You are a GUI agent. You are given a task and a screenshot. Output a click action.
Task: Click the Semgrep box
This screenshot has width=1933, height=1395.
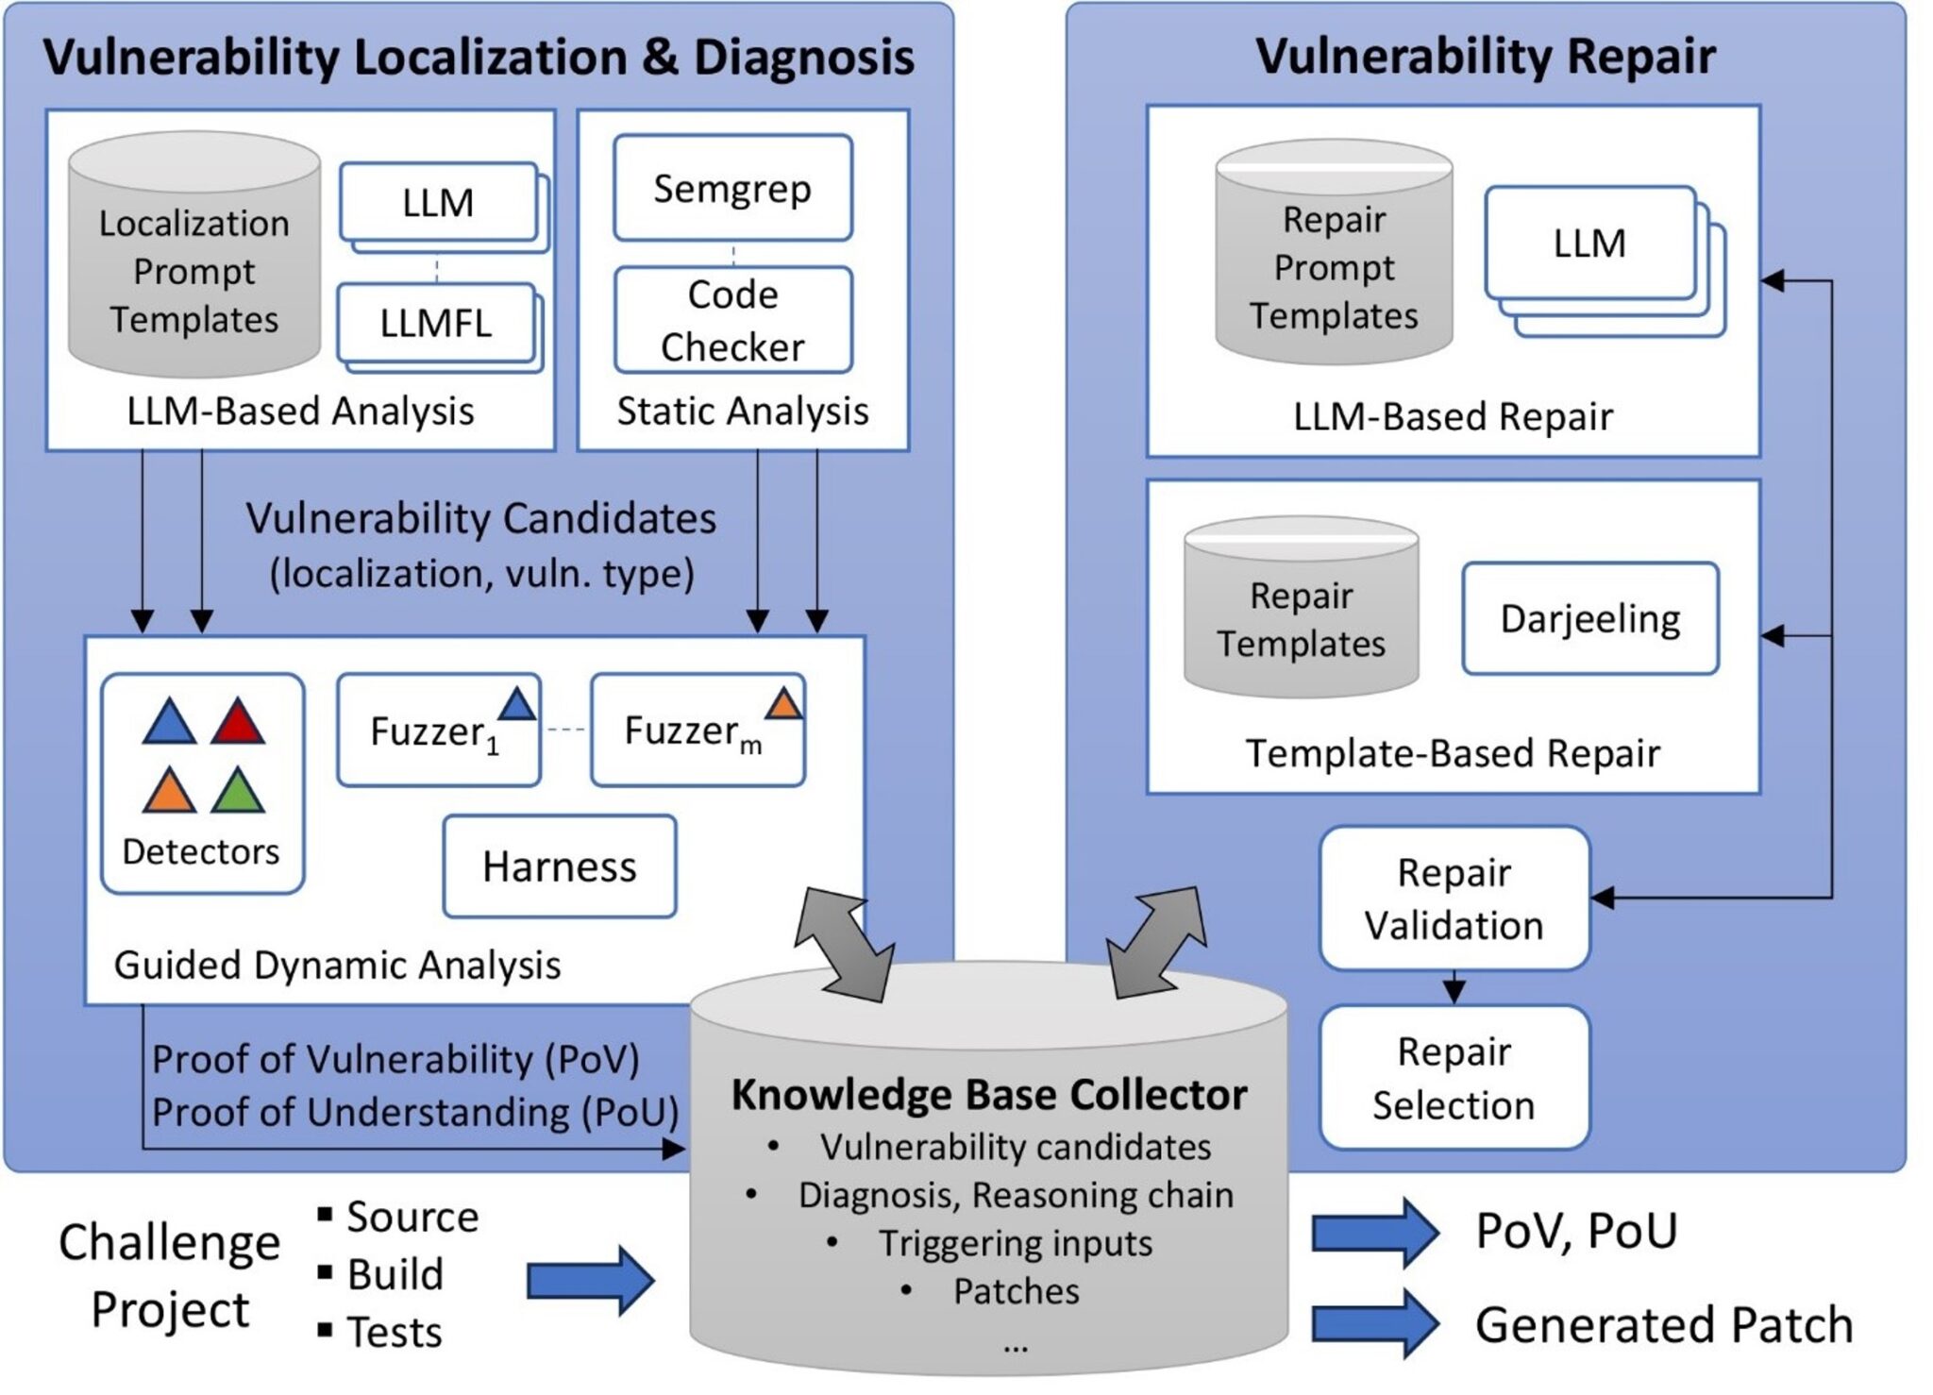(732, 189)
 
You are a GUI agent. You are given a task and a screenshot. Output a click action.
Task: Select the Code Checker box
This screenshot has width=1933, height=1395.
(732, 321)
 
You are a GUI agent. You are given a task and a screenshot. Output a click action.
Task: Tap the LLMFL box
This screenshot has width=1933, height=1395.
(436, 324)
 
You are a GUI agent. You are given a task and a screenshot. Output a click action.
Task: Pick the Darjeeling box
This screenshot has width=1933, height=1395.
(1589, 619)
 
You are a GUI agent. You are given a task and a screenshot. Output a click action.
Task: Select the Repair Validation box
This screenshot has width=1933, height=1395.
(1454, 899)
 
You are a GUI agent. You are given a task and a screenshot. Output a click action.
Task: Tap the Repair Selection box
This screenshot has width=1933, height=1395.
(1454, 1078)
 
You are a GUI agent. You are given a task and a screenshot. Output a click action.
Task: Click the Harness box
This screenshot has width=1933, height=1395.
(560, 866)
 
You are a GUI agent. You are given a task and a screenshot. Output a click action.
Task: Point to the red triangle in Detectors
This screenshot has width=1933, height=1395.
(238, 725)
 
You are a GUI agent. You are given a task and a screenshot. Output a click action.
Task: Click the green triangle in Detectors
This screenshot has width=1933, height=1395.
(238, 793)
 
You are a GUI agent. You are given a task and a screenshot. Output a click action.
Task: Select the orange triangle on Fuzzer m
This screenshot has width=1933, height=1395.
(783, 704)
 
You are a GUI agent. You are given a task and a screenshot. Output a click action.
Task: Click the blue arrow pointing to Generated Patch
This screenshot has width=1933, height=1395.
(1373, 1323)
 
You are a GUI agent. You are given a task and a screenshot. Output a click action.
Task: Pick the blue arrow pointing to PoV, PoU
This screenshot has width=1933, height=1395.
(1373, 1233)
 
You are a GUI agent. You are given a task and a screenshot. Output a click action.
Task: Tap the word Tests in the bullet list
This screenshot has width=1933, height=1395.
(395, 1332)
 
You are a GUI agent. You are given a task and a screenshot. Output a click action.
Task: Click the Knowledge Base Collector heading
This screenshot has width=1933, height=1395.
(988, 1095)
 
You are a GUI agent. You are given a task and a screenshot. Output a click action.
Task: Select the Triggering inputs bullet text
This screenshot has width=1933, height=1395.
(1015, 1243)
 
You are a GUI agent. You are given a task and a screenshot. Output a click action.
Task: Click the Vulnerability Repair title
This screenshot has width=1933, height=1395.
(1485, 57)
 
